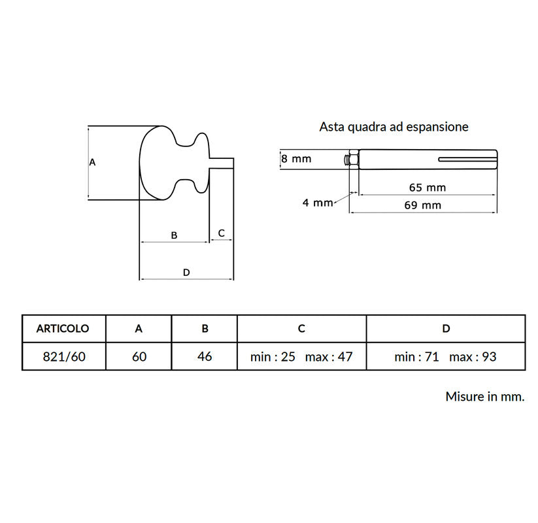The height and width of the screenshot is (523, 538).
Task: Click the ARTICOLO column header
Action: pos(63,328)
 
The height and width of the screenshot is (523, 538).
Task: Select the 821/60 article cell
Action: pos(64,356)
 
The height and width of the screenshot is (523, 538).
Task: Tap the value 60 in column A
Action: pos(139,356)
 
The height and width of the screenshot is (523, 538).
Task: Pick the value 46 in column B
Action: pos(205,356)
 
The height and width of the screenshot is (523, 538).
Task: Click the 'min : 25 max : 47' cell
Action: pos(301,357)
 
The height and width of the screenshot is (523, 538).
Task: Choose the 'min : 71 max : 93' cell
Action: pos(445,357)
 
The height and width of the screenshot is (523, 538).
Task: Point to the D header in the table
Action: pos(446,328)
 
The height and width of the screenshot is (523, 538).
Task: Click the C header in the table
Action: pos(301,328)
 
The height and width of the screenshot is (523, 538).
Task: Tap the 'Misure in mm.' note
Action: pos(485,396)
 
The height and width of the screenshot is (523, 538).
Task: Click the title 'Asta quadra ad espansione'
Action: pos(394,127)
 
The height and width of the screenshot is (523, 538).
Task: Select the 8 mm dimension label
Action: pos(296,159)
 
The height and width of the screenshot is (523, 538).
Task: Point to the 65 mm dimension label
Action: pos(428,188)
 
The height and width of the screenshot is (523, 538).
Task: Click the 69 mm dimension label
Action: pos(423,205)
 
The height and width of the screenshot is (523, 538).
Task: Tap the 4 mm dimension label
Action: pos(318,203)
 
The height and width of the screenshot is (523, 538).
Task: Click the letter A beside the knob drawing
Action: pos(92,162)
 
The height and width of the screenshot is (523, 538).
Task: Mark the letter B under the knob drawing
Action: pos(174,235)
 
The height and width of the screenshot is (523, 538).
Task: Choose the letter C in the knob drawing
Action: pos(222,233)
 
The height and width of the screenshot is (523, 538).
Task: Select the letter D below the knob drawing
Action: pos(186,273)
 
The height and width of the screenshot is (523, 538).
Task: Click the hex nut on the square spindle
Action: pos(354,160)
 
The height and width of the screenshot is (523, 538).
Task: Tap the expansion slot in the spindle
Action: pos(467,160)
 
